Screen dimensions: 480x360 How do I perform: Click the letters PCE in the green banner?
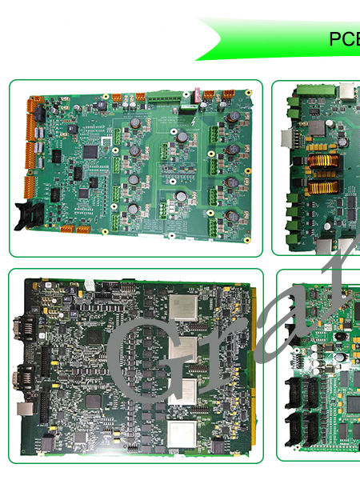coord(344,39)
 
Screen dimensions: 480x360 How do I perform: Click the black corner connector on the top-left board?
coord(29,215)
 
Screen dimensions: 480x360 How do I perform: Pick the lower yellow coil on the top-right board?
coord(322,188)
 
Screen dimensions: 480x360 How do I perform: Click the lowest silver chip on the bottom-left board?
coord(182,434)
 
